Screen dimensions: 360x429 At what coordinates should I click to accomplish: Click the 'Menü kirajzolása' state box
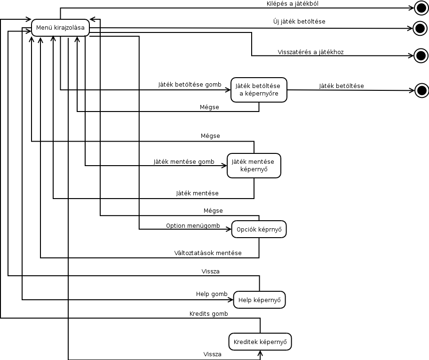pyautogui.click(x=60, y=27)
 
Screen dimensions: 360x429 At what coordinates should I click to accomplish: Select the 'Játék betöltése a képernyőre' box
pyautogui.click(x=259, y=89)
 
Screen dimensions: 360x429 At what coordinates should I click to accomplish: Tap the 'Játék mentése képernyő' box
pyautogui.click(x=254, y=165)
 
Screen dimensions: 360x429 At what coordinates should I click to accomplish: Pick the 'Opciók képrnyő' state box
pyautogui.click(x=259, y=229)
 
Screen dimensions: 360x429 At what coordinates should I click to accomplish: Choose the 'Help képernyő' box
pyautogui.click(x=259, y=299)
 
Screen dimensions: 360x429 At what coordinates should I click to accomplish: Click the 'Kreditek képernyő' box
pyautogui.click(x=260, y=342)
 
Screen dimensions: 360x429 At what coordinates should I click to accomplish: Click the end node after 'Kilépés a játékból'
pyautogui.click(x=421, y=7)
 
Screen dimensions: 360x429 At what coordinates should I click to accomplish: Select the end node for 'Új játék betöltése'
pyautogui.click(x=420, y=28)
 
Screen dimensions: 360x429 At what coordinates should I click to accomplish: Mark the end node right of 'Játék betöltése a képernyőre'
pyautogui.click(x=421, y=90)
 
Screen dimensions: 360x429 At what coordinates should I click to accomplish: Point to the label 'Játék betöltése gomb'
pyautogui.click(x=190, y=85)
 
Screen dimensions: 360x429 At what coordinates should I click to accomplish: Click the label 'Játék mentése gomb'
pyautogui.click(x=184, y=161)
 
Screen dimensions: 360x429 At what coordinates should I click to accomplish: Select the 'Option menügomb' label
pyautogui.click(x=193, y=225)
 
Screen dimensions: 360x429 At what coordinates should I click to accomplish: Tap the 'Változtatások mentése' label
pyautogui.click(x=208, y=253)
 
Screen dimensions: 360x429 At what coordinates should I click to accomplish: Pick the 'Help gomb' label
pyautogui.click(x=212, y=294)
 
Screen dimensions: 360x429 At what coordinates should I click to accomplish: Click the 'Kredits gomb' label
pyautogui.click(x=208, y=313)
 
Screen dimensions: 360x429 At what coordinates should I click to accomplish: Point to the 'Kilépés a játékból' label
pyautogui.click(x=293, y=3)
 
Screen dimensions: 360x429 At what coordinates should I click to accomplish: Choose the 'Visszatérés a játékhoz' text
pyautogui.click(x=311, y=52)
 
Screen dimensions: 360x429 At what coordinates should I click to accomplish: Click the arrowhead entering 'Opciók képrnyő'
pyautogui.click(x=229, y=229)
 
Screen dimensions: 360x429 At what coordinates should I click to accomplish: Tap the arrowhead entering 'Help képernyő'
pyautogui.click(x=231, y=299)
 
